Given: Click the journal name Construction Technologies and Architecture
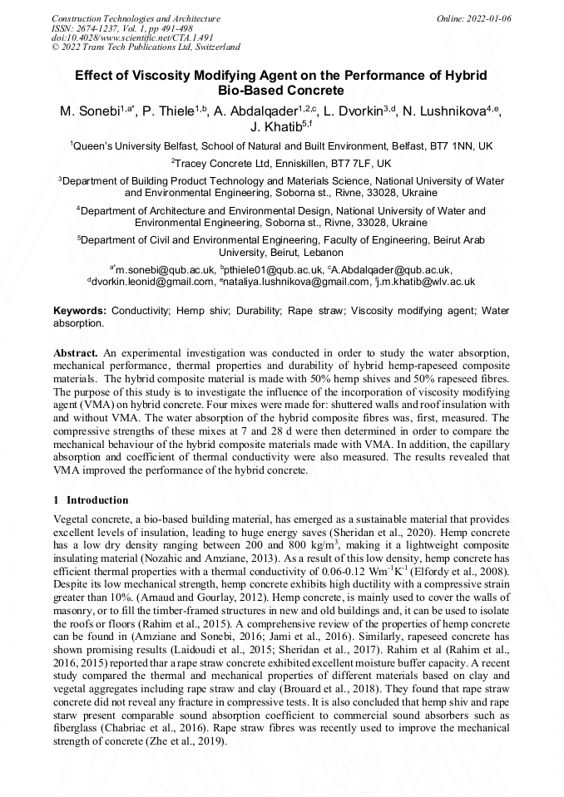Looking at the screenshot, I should [x=136, y=18].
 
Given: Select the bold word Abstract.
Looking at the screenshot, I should [x=76, y=353].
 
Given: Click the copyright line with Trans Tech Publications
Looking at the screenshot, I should [x=146, y=47].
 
